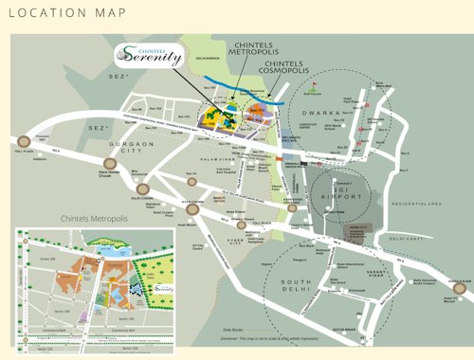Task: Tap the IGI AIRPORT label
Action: pos(339,187)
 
